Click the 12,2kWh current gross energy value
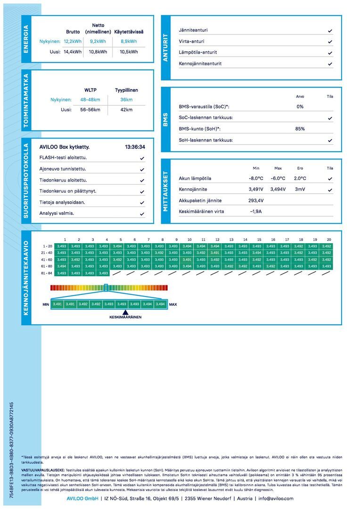click(73, 41)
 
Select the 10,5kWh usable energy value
click(129, 52)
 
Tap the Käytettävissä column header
click(129, 32)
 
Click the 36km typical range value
click(126, 99)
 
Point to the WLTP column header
click(90, 90)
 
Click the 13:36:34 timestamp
click(135, 147)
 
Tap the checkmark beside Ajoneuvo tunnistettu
click(142, 169)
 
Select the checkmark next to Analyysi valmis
click(142, 213)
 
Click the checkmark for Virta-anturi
click(330, 41)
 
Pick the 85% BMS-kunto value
click(300, 129)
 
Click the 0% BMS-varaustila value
click(300, 107)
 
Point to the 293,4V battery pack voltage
click(256, 200)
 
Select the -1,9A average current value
click(256, 211)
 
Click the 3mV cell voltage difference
click(300, 189)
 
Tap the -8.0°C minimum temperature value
click(256, 178)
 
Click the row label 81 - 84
click(48, 273)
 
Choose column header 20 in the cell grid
click(328, 239)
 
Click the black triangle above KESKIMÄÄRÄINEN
click(125, 312)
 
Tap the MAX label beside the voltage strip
click(173, 304)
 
